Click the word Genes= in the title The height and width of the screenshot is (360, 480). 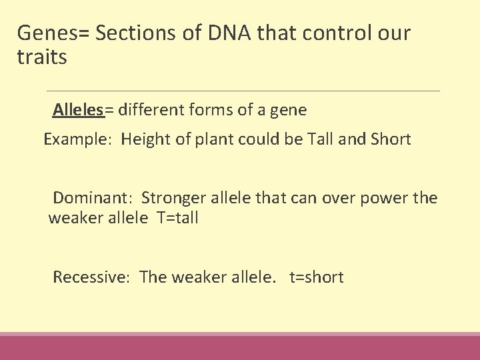coord(54,32)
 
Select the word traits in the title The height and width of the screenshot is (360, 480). coord(42,58)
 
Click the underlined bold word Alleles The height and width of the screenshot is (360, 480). coord(78,110)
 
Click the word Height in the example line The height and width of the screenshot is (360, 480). coord(144,140)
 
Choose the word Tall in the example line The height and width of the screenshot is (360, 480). coord(324,140)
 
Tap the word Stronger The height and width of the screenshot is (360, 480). coord(174,198)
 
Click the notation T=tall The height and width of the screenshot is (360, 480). coord(177,218)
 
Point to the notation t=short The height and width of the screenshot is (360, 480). coord(316,277)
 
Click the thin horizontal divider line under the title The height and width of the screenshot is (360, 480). coord(243,91)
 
